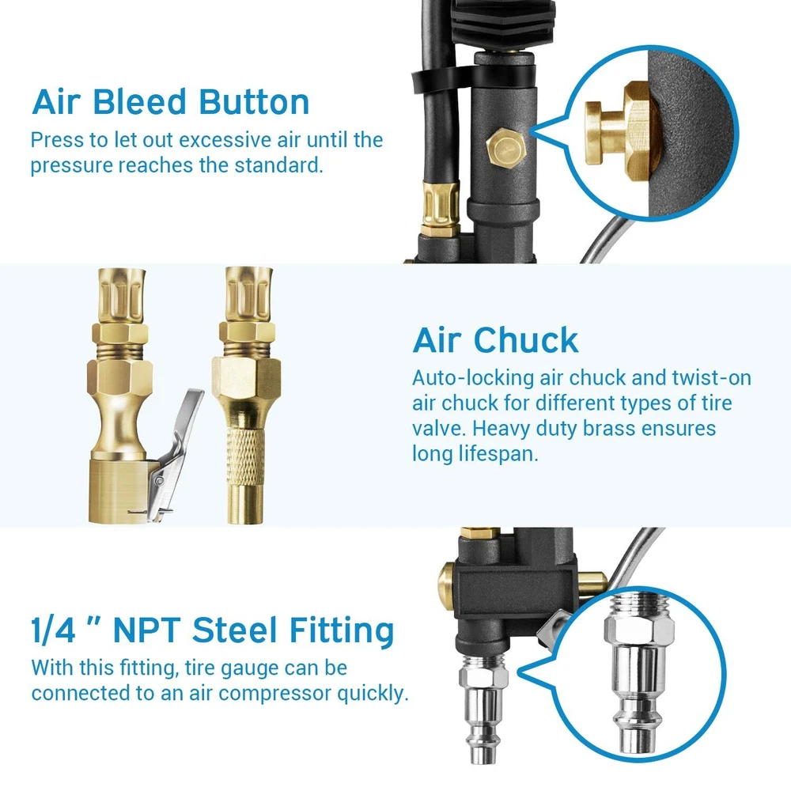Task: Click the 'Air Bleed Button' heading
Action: coord(171,102)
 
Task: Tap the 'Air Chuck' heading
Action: coord(495,340)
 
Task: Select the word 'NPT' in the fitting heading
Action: coord(147,630)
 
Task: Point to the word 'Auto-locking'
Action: coord(473,378)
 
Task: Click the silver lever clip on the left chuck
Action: coord(176,454)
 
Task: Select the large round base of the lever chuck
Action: coord(119,491)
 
